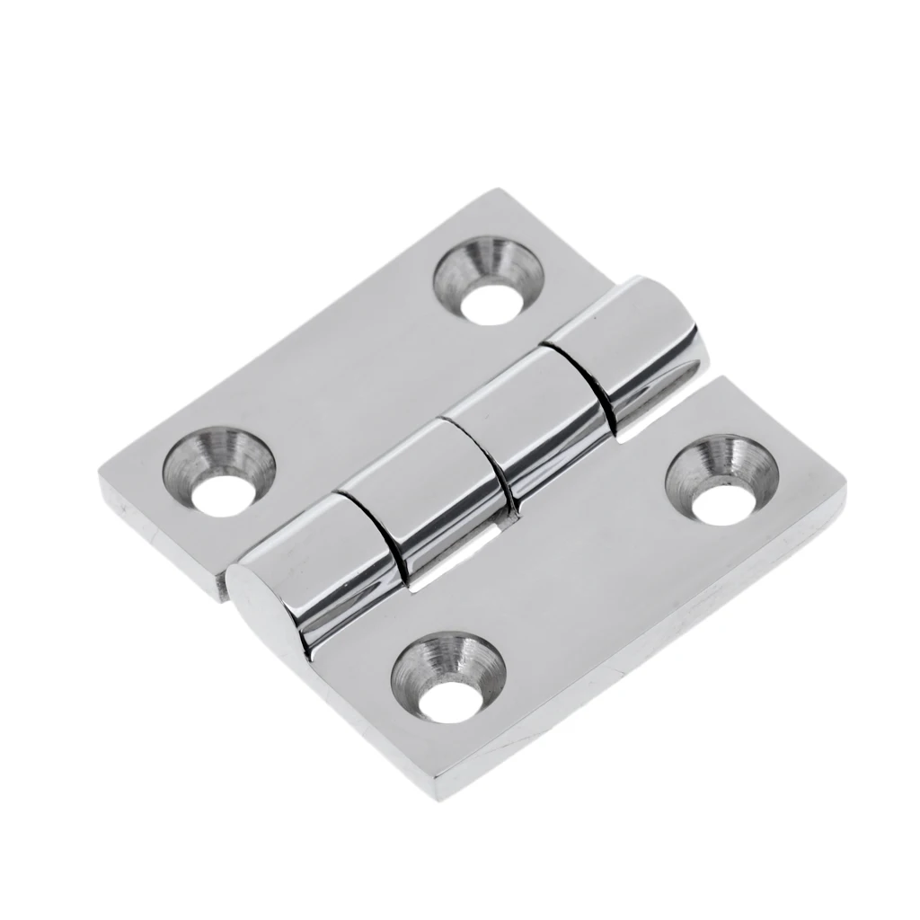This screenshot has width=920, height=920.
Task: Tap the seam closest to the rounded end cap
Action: point(377,530)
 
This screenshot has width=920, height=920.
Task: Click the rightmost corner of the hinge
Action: point(845,485)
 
